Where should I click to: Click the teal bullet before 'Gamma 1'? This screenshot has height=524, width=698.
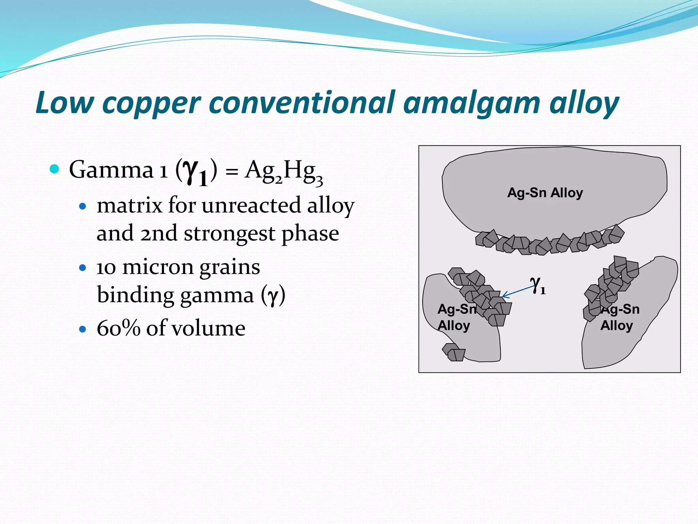(x=54, y=169)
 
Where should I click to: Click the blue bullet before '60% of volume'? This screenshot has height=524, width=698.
(x=82, y=329)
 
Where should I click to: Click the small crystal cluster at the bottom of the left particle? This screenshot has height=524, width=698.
(x=454, y=352)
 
